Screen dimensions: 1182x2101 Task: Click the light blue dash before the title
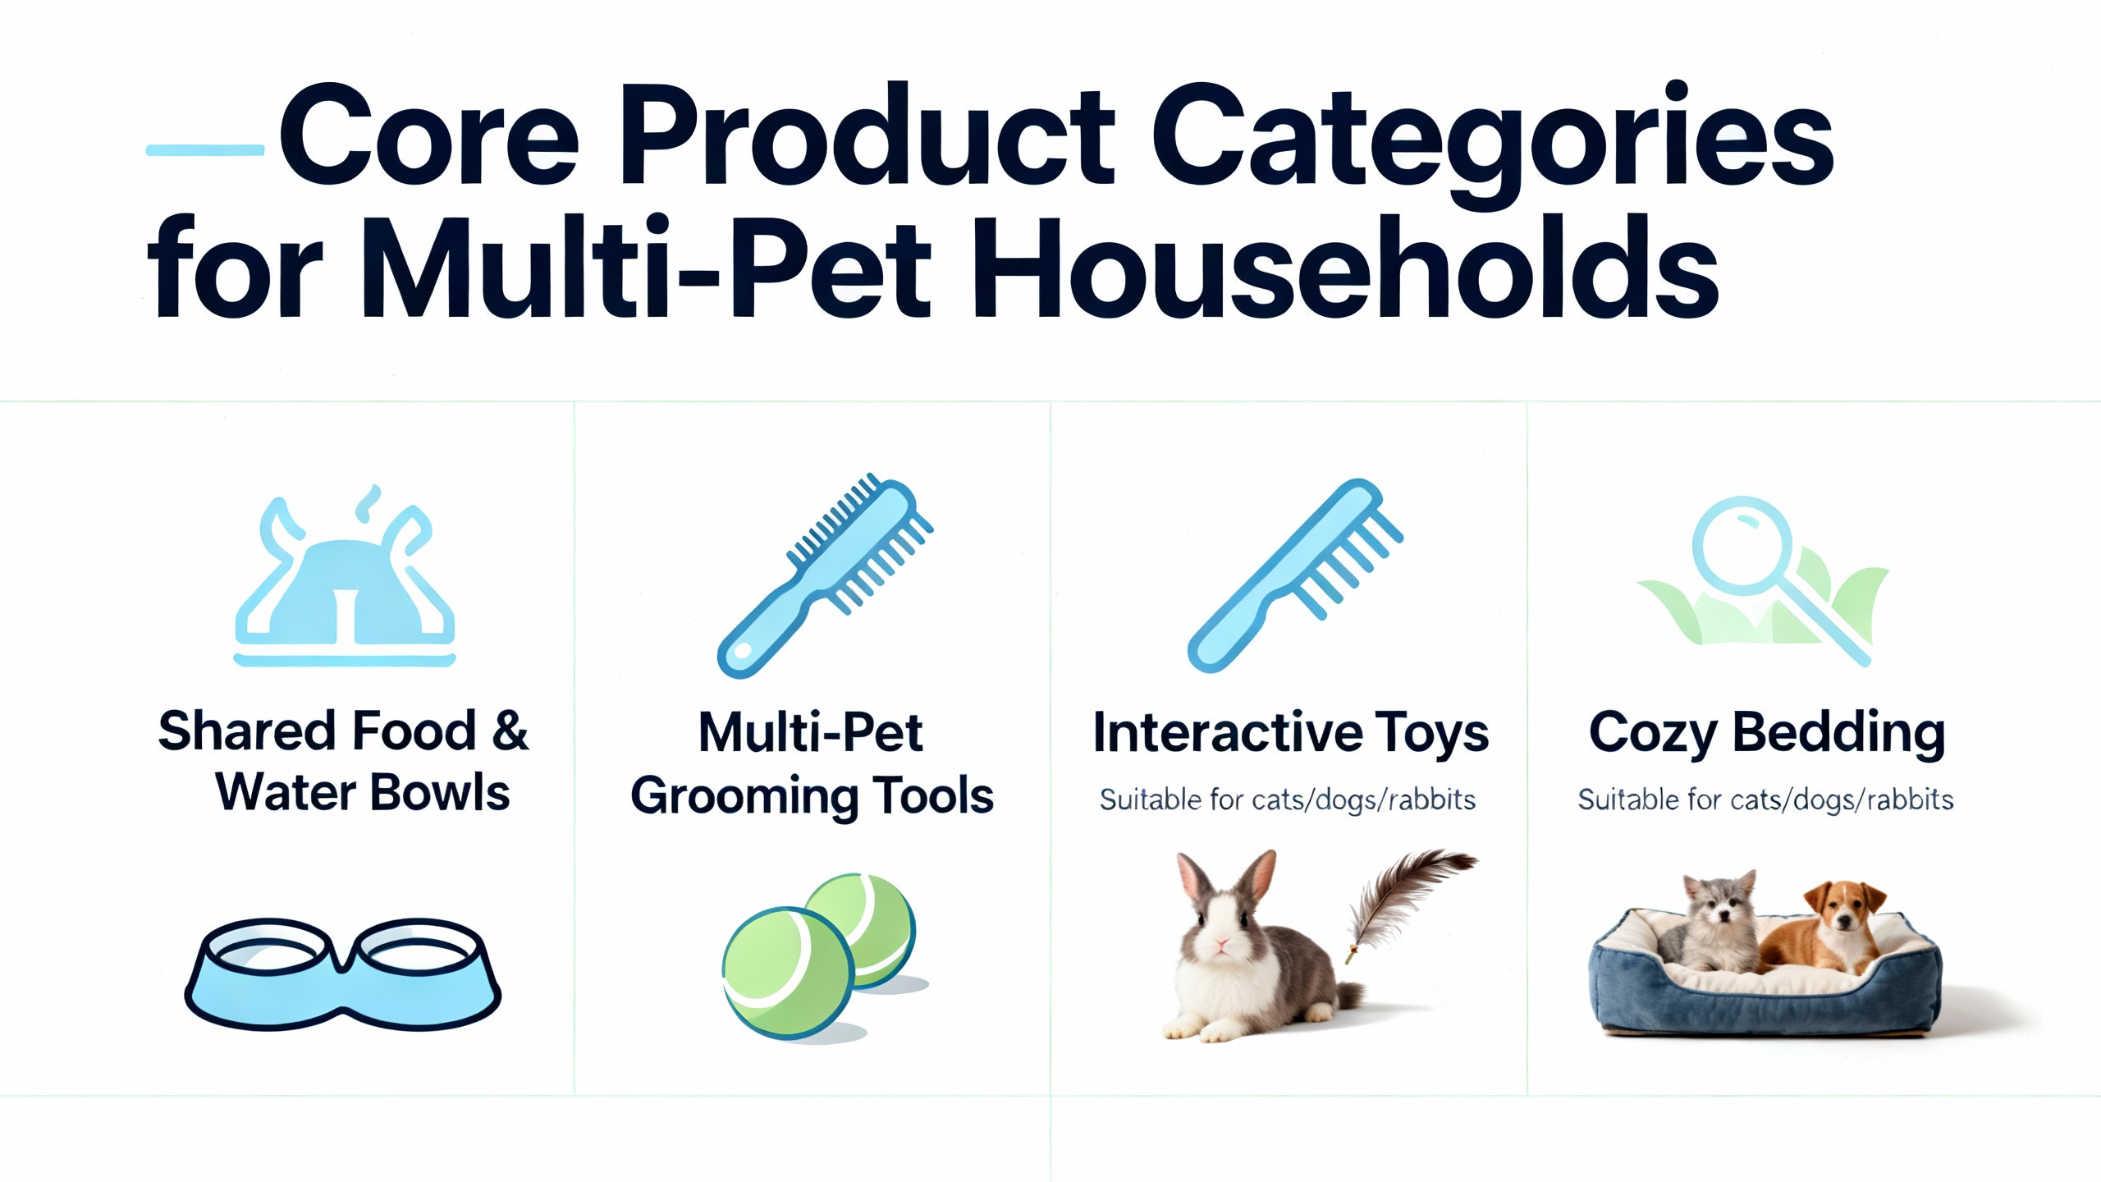(205, 150)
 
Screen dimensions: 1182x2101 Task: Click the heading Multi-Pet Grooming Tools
(812, 763)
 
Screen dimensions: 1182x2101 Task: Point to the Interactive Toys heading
(1290, 732)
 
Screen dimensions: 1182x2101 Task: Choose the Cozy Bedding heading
(1766, 732)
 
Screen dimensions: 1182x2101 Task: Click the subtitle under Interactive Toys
(1287, 799)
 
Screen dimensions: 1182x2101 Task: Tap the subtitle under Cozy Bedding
(1765, 799)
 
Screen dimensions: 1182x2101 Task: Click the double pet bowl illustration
(342, 975)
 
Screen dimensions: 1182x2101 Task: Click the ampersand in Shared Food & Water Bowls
(510, 731)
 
